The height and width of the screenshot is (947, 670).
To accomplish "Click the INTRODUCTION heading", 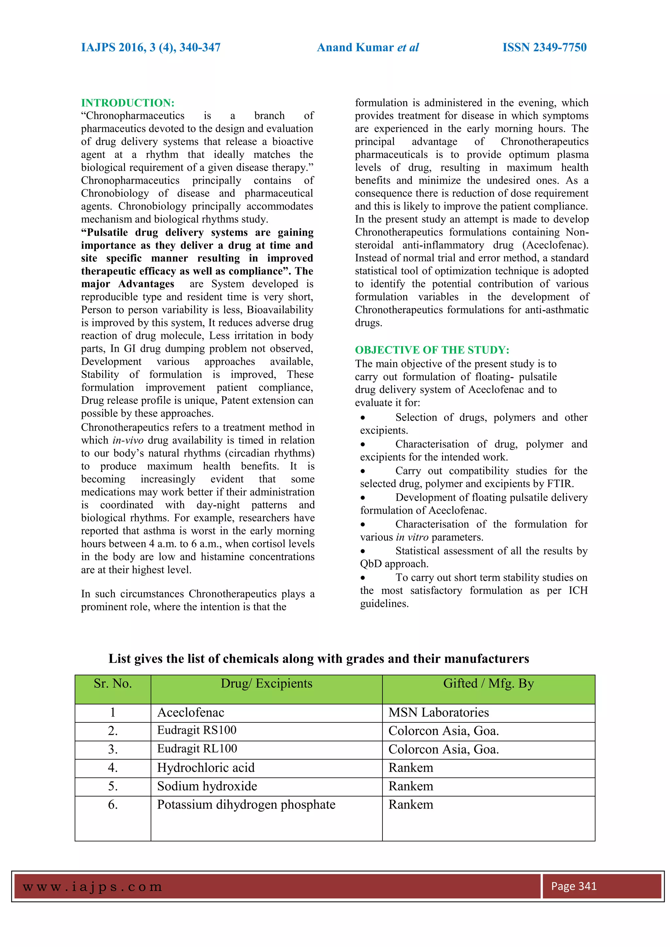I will pyautogui.click(x=128, y=103).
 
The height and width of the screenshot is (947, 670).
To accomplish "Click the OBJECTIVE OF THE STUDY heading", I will pyautogui.click(x=432, y=350).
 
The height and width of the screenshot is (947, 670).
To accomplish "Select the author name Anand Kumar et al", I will pyautogui.click(x=368, y=47).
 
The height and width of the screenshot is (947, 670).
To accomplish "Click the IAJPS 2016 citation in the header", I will pyautogui.click(x=150, y=47).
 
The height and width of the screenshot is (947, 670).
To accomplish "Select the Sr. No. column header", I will pyautogui.click(x=113, y=683).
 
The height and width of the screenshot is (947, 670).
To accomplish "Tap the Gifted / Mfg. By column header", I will pyautogui.click(x=488, y=683).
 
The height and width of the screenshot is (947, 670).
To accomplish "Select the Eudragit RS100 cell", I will pyautogui.click(x=197, y=730).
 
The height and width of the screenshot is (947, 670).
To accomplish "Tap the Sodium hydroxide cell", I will pyautogui.click(x=207, y=786).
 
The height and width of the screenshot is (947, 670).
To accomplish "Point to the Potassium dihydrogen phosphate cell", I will pyautogui.click(x=246, y=805).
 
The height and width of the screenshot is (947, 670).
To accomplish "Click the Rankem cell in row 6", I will pyautogui.click(x=411, y=805).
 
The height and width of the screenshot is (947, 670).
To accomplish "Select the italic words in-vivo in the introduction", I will pyautogui.click(x=128, y=440).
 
